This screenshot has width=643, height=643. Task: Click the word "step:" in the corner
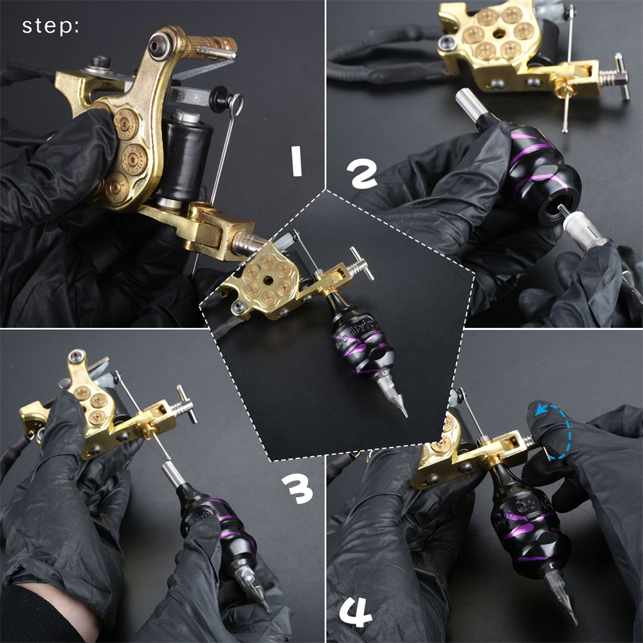[x=50, y=26]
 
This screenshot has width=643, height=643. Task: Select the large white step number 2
[x=361, y=174]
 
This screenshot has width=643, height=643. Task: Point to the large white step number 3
[x=298, y=489]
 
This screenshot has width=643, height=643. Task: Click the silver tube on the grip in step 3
[x=172, y=473]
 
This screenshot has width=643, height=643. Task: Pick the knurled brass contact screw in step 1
[x=210, y=46]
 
